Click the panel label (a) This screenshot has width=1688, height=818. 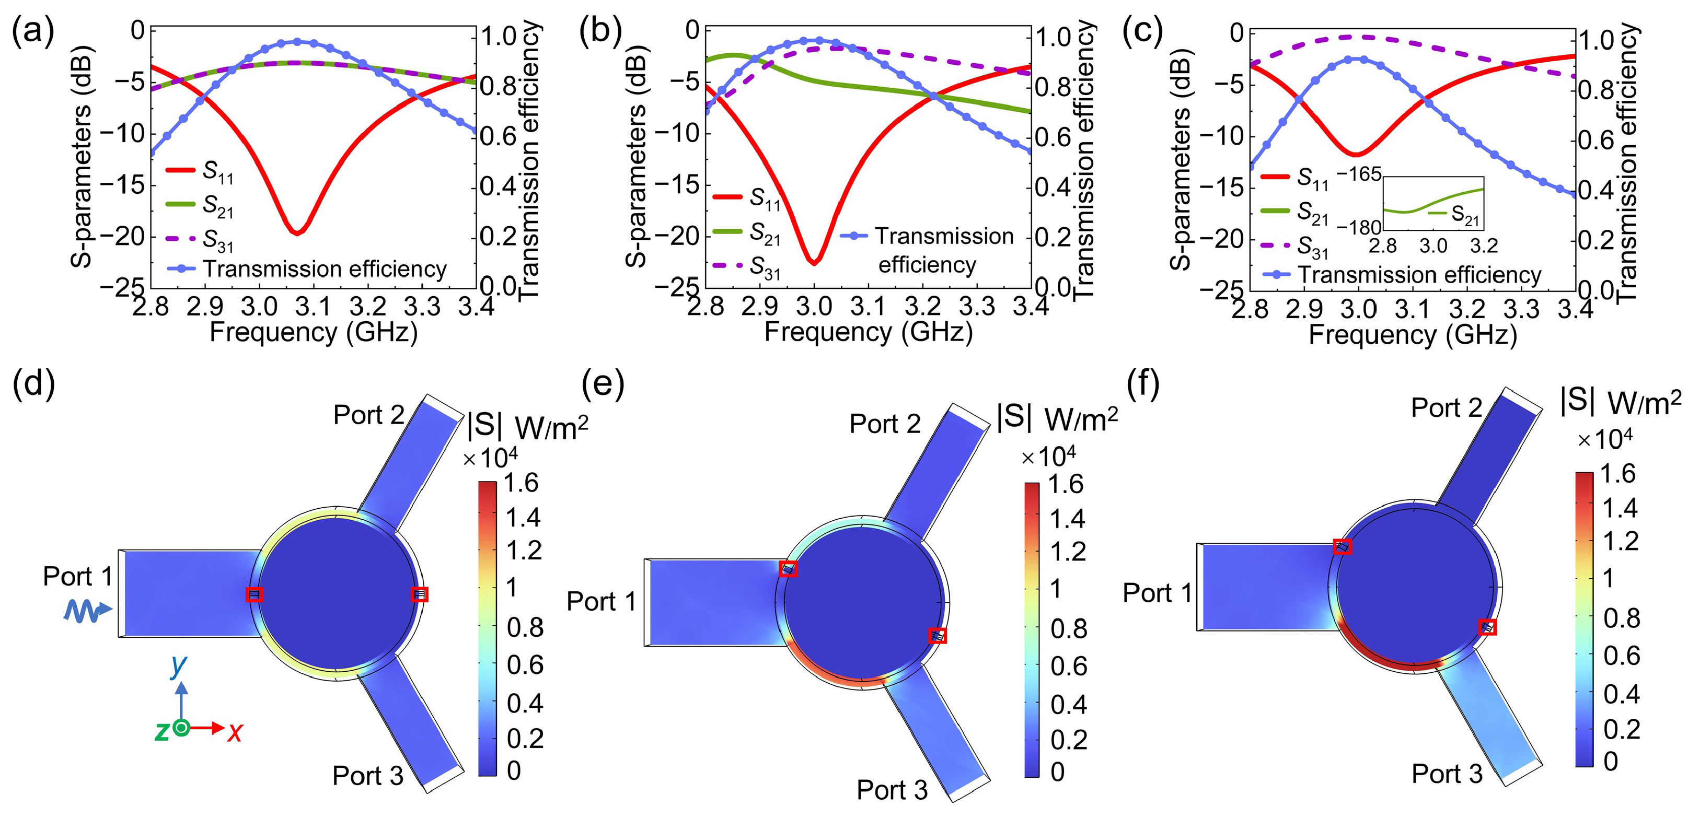click(x=33, y=31)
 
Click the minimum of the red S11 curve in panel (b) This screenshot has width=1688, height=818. click(x=813, y=263)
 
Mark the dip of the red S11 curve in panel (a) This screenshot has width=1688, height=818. click(x=297, y=232)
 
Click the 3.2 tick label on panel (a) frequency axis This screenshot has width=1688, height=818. click(x=367, y=307)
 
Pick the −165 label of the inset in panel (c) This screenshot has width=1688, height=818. click(x=1358, y=174)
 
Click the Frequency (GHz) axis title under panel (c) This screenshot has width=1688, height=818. click(x=1412, y=335)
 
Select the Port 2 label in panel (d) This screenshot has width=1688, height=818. click(x=368, y=415)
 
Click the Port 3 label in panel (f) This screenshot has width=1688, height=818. click(x=1446, y=774)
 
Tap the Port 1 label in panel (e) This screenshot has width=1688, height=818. click(x=601, y=601)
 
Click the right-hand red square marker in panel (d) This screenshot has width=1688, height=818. click(x=419, y=594)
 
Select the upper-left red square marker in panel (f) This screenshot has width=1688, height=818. click(x=1342, y=546)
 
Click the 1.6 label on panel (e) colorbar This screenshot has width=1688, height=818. click(x=1066, y=485)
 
